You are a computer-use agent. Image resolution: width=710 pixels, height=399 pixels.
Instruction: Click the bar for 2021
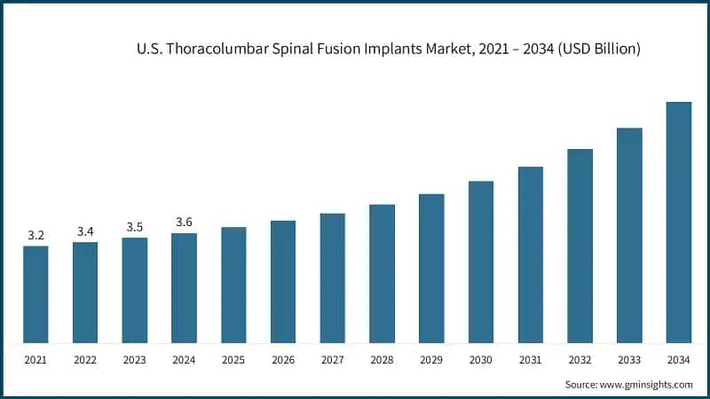pyautogui.click(x=35, y=294)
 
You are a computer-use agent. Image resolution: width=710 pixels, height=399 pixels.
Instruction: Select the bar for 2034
pyautogui.click(x=679, y=222)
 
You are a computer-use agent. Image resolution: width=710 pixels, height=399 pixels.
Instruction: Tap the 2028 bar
pyautogui.click(x=382, y=273)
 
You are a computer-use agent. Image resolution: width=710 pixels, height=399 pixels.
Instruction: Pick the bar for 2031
pyautogui.click(x=531, y=254)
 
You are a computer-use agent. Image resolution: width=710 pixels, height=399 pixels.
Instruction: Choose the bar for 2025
pyautogui.click(x=233, y=285)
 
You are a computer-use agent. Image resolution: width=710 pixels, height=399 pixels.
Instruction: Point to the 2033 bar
pyautogui.click(x=629, y=235)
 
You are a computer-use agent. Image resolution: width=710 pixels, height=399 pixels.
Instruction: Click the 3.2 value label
pyautogui.click(x=35, y=236)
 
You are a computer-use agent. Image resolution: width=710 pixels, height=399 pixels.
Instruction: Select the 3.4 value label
pyautogui.click(x=85, y=231)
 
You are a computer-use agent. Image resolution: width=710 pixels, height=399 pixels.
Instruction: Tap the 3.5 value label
pyautogui.click(x=135, y=227)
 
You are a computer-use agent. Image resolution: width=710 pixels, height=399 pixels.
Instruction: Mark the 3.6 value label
pyautogui.click(x=185, y=223)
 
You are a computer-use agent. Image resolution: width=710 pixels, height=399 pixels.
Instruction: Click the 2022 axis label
pyautogui.click(x=85, y=360)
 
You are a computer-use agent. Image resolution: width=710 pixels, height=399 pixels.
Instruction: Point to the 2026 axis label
pyautogui.click(x=283, y=360)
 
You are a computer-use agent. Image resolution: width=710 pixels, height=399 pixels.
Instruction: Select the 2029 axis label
pyautogui.click(x=431, y=360)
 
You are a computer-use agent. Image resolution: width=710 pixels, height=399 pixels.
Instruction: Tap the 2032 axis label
pyautogui.click(x=580, y=360)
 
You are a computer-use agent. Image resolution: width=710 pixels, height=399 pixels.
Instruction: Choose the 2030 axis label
pyautogui.click(x=481, y=360)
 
